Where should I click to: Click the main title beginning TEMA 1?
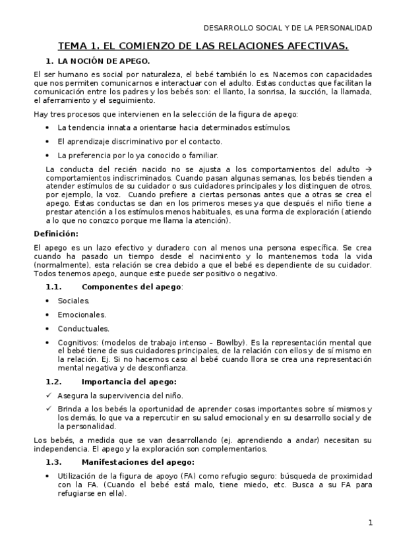click(x=203, y=46)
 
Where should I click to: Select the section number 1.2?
click(x=53, y=382)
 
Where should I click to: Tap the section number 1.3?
click(x=53, y=461)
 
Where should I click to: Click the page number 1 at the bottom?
click(x=371, y=523)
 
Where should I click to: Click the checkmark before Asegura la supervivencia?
click(x=49, y=396)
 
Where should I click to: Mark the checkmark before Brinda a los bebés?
click(x=49, y=409)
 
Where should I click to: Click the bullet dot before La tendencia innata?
click(x=49, y=127)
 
